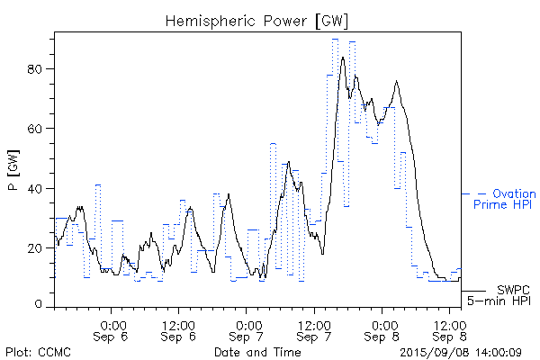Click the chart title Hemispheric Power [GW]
point(256,20)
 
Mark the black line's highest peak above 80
point(344,58)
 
